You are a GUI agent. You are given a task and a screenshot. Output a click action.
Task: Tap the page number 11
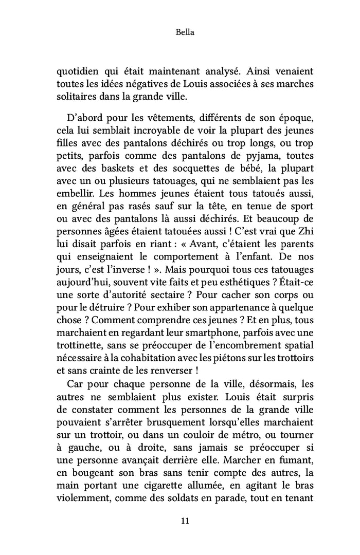point(179,521)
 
